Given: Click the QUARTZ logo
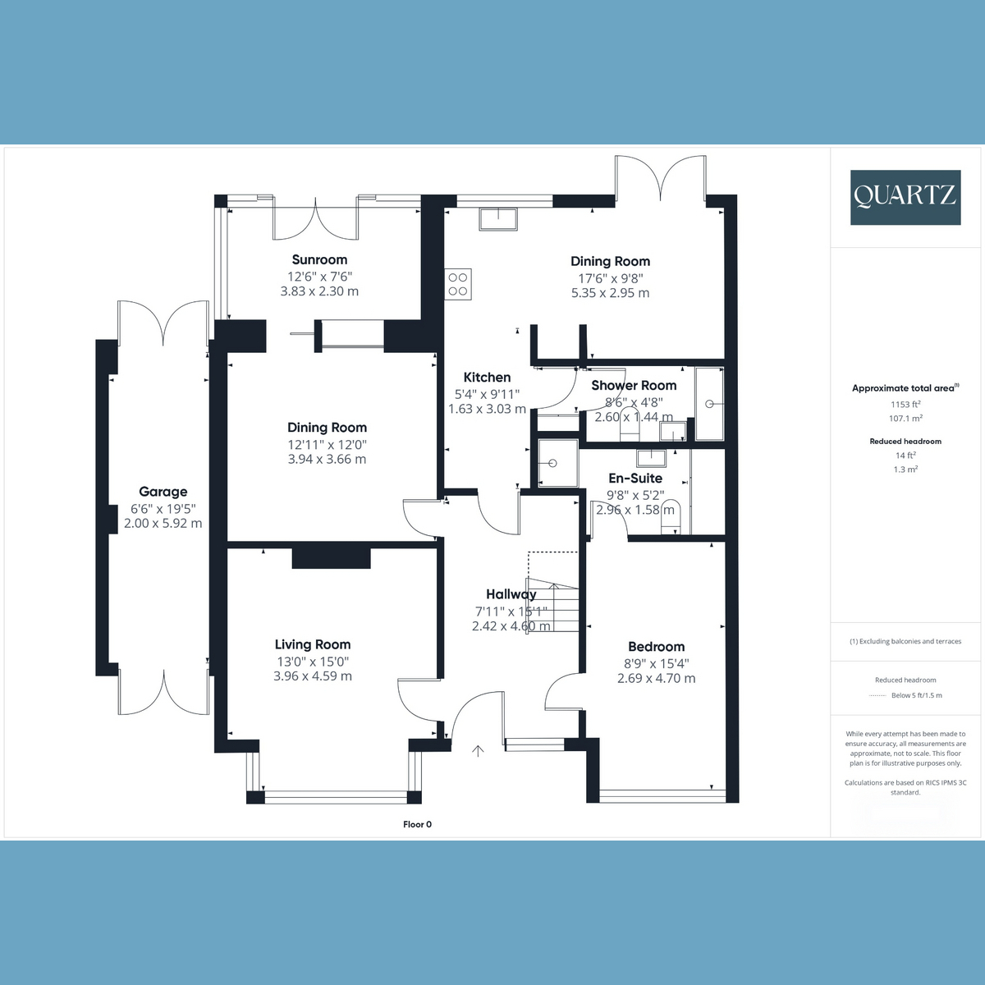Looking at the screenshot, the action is pos(905,197).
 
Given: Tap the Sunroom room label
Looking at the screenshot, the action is pos(319,259).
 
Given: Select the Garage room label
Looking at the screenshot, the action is pos(163,492).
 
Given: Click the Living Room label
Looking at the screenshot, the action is pos(313,644).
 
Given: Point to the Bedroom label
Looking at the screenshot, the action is pos(657,647).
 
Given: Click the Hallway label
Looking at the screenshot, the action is pos(511,594).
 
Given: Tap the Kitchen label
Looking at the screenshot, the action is pos(487,378).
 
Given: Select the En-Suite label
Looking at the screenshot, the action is pos(635,478).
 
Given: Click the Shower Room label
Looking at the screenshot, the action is pos(634,386).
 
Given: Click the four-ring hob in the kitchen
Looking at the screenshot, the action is pos(458,284).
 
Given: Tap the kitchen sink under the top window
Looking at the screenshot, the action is pos(498,219).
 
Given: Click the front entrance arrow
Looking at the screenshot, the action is pos(478,750).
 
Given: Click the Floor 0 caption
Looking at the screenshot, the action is pos(417,824).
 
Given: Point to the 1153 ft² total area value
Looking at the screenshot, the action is pos(905,404).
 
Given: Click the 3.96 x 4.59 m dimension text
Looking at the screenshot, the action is pos(313,676).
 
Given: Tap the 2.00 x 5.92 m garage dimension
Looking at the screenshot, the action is pos(163,524).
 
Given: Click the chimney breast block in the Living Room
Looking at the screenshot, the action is pos(332,558).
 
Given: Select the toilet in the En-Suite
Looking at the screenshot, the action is pos(671,517).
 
